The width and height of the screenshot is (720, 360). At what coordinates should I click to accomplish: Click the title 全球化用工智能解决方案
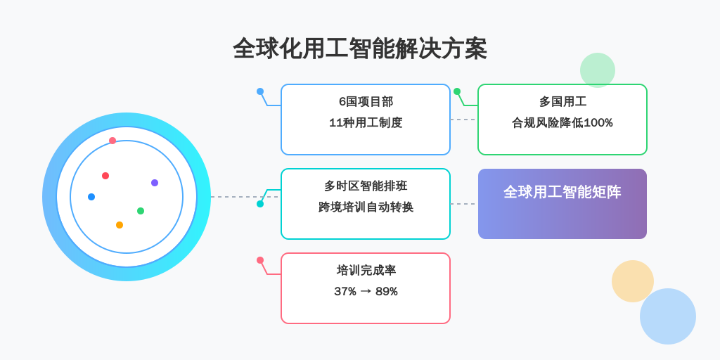[359, 49]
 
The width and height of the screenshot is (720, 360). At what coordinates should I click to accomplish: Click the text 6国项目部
[366, 102]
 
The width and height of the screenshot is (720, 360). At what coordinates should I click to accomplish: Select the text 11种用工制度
[366, 123]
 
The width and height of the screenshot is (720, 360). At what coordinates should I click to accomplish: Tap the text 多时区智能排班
[366, 186]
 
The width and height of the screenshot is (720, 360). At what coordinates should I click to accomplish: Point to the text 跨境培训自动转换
[366, 207]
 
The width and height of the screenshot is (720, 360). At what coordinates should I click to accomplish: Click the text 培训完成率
[366, 271]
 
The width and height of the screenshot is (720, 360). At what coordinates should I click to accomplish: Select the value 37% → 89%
[366, 292]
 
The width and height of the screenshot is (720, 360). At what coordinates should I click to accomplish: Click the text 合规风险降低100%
[562, 123]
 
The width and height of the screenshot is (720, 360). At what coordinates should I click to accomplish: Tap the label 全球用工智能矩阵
[562, 192]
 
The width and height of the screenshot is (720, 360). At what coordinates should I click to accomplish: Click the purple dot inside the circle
[155, 183]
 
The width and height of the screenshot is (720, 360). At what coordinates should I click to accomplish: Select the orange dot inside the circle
[120, 225]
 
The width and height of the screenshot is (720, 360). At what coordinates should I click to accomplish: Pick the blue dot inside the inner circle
[91, 197]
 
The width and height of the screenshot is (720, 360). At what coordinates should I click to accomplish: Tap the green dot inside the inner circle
[141, 211]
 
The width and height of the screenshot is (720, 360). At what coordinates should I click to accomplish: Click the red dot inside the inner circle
[105, 176]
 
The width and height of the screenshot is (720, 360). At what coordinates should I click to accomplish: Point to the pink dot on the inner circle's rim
[112, 141]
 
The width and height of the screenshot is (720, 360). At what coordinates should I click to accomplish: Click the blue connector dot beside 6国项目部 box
[260, 91]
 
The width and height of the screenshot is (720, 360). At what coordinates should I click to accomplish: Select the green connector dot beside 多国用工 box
[457, 91]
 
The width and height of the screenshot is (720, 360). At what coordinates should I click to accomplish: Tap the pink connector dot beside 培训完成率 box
[260, 260]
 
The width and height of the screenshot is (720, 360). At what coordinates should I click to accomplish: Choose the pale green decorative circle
[598, 70]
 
